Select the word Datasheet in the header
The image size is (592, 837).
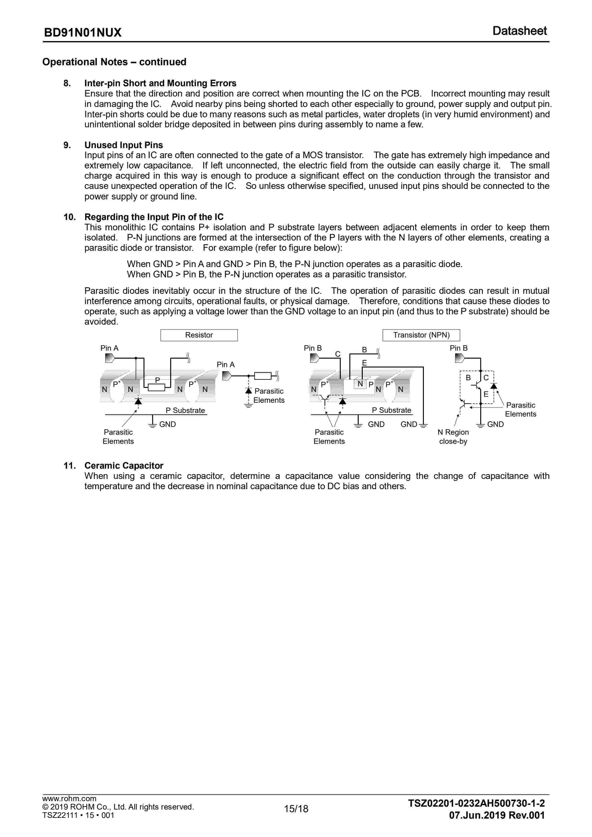519,31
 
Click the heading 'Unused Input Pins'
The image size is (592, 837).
123,145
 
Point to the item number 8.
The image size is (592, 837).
67,83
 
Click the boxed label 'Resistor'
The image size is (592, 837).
199,335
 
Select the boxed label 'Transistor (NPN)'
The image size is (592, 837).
421,335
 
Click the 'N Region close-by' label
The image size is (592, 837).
453,437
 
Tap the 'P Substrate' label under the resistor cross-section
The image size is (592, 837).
185,410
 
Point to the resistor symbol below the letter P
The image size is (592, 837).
157,387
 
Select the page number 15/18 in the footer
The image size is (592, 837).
296,819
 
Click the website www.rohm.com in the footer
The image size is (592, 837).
69,809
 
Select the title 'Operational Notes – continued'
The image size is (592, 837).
114,62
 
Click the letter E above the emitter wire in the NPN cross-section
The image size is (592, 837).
364,363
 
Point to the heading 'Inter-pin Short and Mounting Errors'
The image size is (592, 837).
160,83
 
